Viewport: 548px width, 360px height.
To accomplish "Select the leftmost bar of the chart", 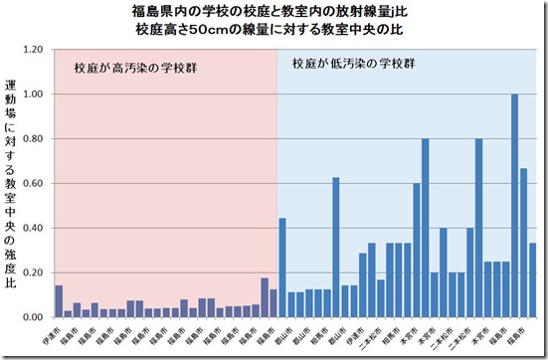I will point(59,301).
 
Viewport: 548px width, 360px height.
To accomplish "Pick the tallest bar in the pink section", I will point(264,297).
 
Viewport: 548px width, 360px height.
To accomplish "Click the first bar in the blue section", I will point(281,267).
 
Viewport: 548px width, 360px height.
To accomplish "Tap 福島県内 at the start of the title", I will point(155,12).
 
